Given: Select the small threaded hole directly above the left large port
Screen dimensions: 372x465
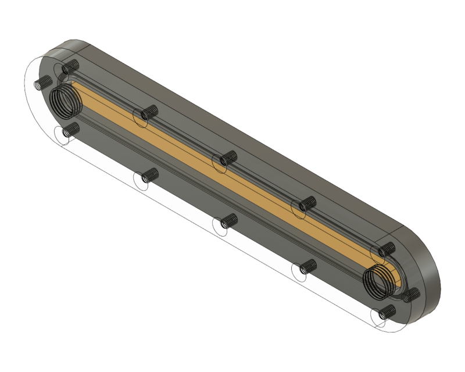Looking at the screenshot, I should point(71,66).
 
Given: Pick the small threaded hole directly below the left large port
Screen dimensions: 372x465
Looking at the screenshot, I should point(70,129).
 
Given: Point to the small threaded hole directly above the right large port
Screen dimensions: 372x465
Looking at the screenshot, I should point(385,250).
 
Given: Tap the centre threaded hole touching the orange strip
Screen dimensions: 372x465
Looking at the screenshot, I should point(227,159).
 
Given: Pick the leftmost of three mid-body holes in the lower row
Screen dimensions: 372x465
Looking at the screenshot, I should point(149,176).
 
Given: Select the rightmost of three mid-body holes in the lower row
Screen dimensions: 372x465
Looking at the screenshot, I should point(305,267).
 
